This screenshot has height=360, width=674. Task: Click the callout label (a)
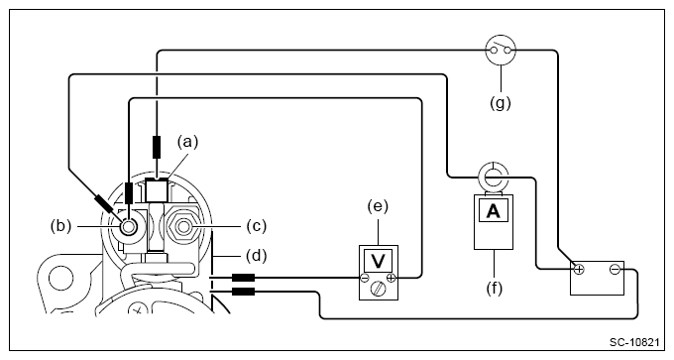[188, 142]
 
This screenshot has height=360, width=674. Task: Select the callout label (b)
[61, 226]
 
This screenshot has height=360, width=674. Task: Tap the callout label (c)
[257, 226]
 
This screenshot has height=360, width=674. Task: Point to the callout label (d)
[257, 256]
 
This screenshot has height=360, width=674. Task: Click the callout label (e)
[378, 207]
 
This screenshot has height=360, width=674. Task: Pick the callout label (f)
[495, 289]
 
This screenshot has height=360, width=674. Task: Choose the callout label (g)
[501, 103]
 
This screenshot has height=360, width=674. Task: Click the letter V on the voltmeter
[379, 261]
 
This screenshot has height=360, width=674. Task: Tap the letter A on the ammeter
[494, 211]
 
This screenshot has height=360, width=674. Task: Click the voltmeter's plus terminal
[391, 278]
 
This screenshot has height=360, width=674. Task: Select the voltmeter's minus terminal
[365, 278]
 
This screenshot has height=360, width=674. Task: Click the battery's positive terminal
[580, 270]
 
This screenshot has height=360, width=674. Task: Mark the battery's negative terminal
[615, 270]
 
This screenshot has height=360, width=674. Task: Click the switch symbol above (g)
[501, 51]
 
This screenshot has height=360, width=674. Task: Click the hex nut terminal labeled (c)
[184, 226]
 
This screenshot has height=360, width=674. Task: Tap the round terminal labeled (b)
[128, 227]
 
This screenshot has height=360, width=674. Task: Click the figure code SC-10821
[634, 342]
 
